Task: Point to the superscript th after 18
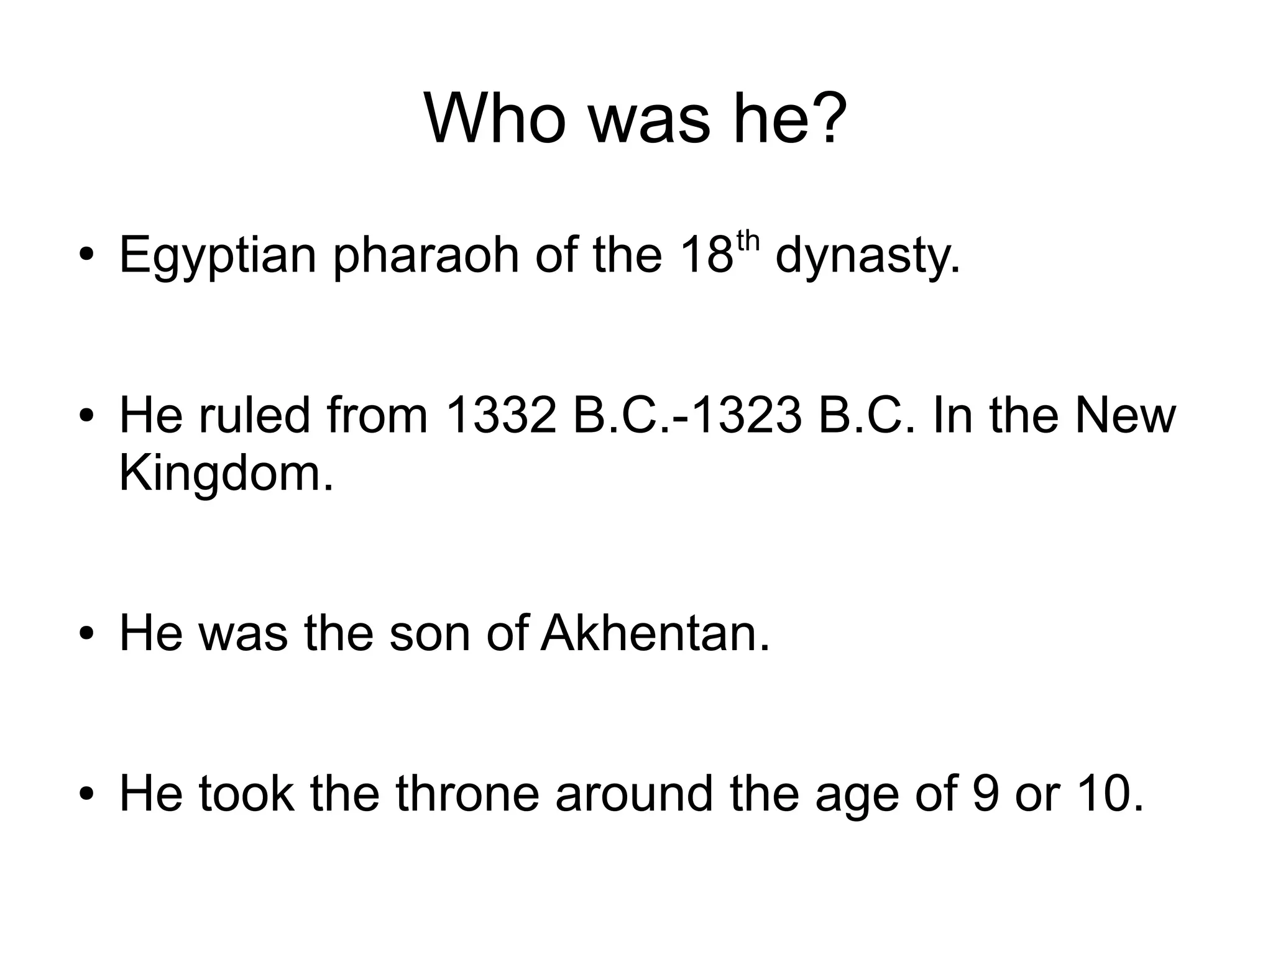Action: (748, 241)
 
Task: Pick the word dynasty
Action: (868, 256)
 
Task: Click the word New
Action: (1126, 415)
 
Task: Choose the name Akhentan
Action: (655, 633)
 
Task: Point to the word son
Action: (430, 633)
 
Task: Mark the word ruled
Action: (254, 415)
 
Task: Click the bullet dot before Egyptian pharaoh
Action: (86, 255)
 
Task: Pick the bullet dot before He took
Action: (86, 794)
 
